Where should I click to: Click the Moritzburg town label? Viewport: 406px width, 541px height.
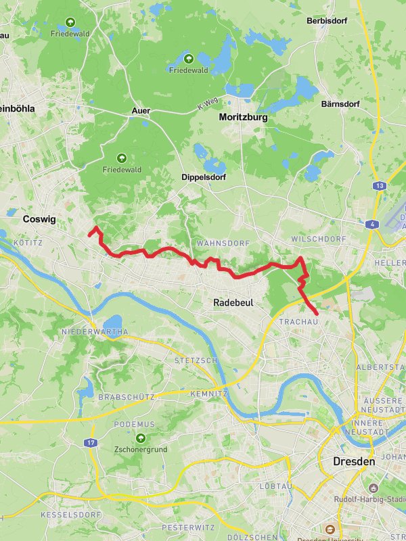point(243,117)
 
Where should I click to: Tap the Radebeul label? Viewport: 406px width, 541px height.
point(233,303)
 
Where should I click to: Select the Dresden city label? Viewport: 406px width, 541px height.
point(353,462)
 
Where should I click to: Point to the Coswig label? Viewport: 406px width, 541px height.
point(39,219)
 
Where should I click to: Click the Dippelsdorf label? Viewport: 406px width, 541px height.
point(204,177)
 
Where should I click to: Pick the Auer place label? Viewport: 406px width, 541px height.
point(141,110)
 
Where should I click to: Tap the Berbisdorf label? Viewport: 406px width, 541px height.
point(327,21)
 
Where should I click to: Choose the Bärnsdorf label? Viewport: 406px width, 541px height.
point(340,104)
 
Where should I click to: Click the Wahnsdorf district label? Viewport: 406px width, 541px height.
point(223,243)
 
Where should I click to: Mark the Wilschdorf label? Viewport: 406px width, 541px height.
point(318,239)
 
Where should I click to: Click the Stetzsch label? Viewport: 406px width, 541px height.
point(196,360)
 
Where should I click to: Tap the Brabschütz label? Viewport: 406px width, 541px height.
point(127,396)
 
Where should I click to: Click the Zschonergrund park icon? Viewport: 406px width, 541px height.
point(141,438)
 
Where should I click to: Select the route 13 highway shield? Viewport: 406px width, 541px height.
point(380,185)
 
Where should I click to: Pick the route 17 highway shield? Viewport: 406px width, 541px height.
point(91,442)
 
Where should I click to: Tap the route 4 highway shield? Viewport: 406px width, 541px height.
point(372,225)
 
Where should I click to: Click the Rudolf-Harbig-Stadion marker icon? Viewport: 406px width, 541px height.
point(374,488)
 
